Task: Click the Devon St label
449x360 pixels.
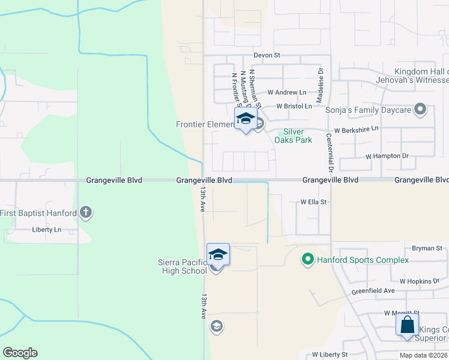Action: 267,55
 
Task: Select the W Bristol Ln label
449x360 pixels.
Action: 294,106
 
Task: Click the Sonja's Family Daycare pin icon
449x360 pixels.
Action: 420,110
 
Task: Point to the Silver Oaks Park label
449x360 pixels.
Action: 293,136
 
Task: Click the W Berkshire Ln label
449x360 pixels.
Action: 357,129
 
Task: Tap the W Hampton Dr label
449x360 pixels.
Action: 387,156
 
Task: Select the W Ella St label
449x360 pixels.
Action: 313,202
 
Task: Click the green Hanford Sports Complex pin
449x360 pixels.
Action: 307,260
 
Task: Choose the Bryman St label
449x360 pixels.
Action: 427,248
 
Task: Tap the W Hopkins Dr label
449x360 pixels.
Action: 420,281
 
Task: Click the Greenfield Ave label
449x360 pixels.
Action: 373,291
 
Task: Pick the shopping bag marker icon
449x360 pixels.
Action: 407,325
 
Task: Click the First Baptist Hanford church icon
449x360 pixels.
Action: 86,212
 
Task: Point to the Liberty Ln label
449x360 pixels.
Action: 47,230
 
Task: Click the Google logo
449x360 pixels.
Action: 20,353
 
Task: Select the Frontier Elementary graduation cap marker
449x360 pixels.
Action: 245,118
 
